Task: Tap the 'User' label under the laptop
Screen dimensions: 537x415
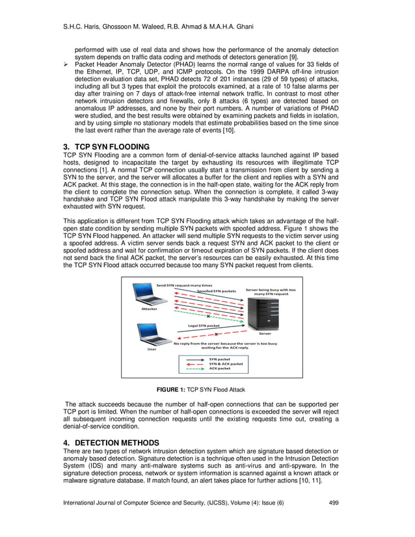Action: tap(152, 349)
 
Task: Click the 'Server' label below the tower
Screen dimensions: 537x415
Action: tap(265, 334)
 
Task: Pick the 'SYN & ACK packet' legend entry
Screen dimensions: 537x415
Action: tap(221, 363)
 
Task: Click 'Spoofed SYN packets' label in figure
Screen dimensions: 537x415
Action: tap(216, 290)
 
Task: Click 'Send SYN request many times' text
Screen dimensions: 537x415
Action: tap(184, 285)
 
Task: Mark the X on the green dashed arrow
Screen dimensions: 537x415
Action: tap(208, 316)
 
